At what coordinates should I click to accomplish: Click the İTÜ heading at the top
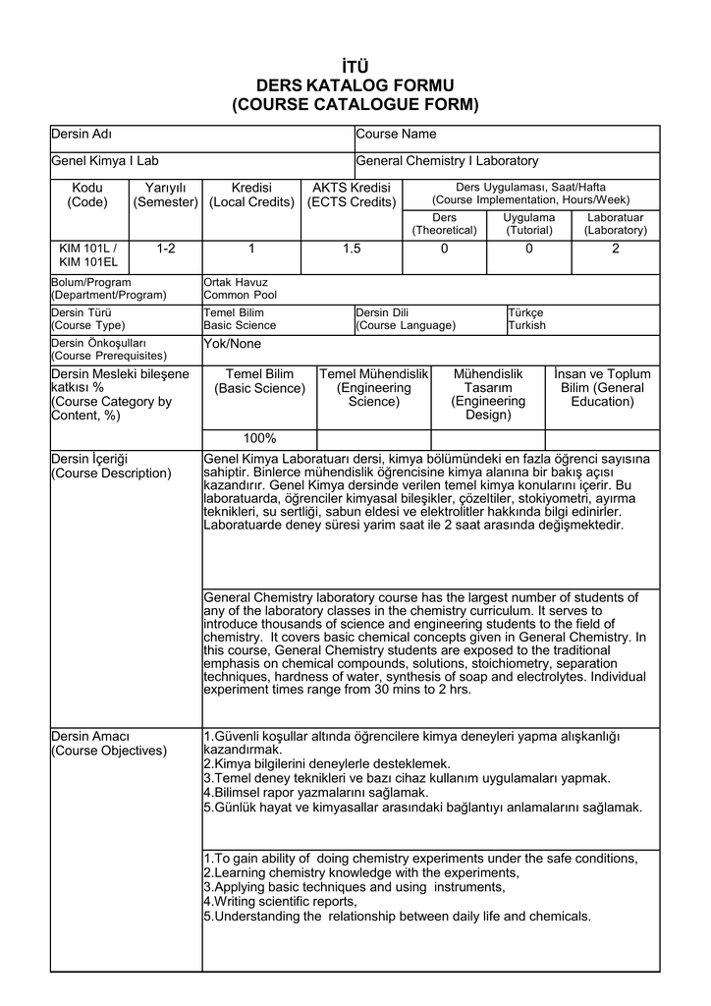[x=355, y=66]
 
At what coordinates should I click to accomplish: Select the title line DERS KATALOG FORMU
[x=355, y=85]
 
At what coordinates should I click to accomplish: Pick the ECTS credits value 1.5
[x=352, y=250]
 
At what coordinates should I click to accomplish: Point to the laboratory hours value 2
[x=616, y=250]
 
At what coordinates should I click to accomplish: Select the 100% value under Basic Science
[x=259, y=438]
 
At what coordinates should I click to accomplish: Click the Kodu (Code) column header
[x=87, y=195]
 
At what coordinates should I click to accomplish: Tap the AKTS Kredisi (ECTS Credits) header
[x=352, y=195]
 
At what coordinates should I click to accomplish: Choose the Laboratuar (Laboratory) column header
[x=616, y=223]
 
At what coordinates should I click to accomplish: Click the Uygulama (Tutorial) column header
[x=529, y=223]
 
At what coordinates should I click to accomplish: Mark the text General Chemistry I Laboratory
[x=447, y=161]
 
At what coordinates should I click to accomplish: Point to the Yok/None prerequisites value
[x=232, y=344]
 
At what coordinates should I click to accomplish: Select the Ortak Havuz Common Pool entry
[x=241, y=289]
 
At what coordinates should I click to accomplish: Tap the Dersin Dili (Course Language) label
[x=405, y=319]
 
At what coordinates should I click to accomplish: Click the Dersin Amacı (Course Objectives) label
[x=109, y=744]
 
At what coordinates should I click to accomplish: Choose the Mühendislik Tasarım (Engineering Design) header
[x=488, y=395]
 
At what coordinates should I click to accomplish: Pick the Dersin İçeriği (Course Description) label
[x=111, y=466]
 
